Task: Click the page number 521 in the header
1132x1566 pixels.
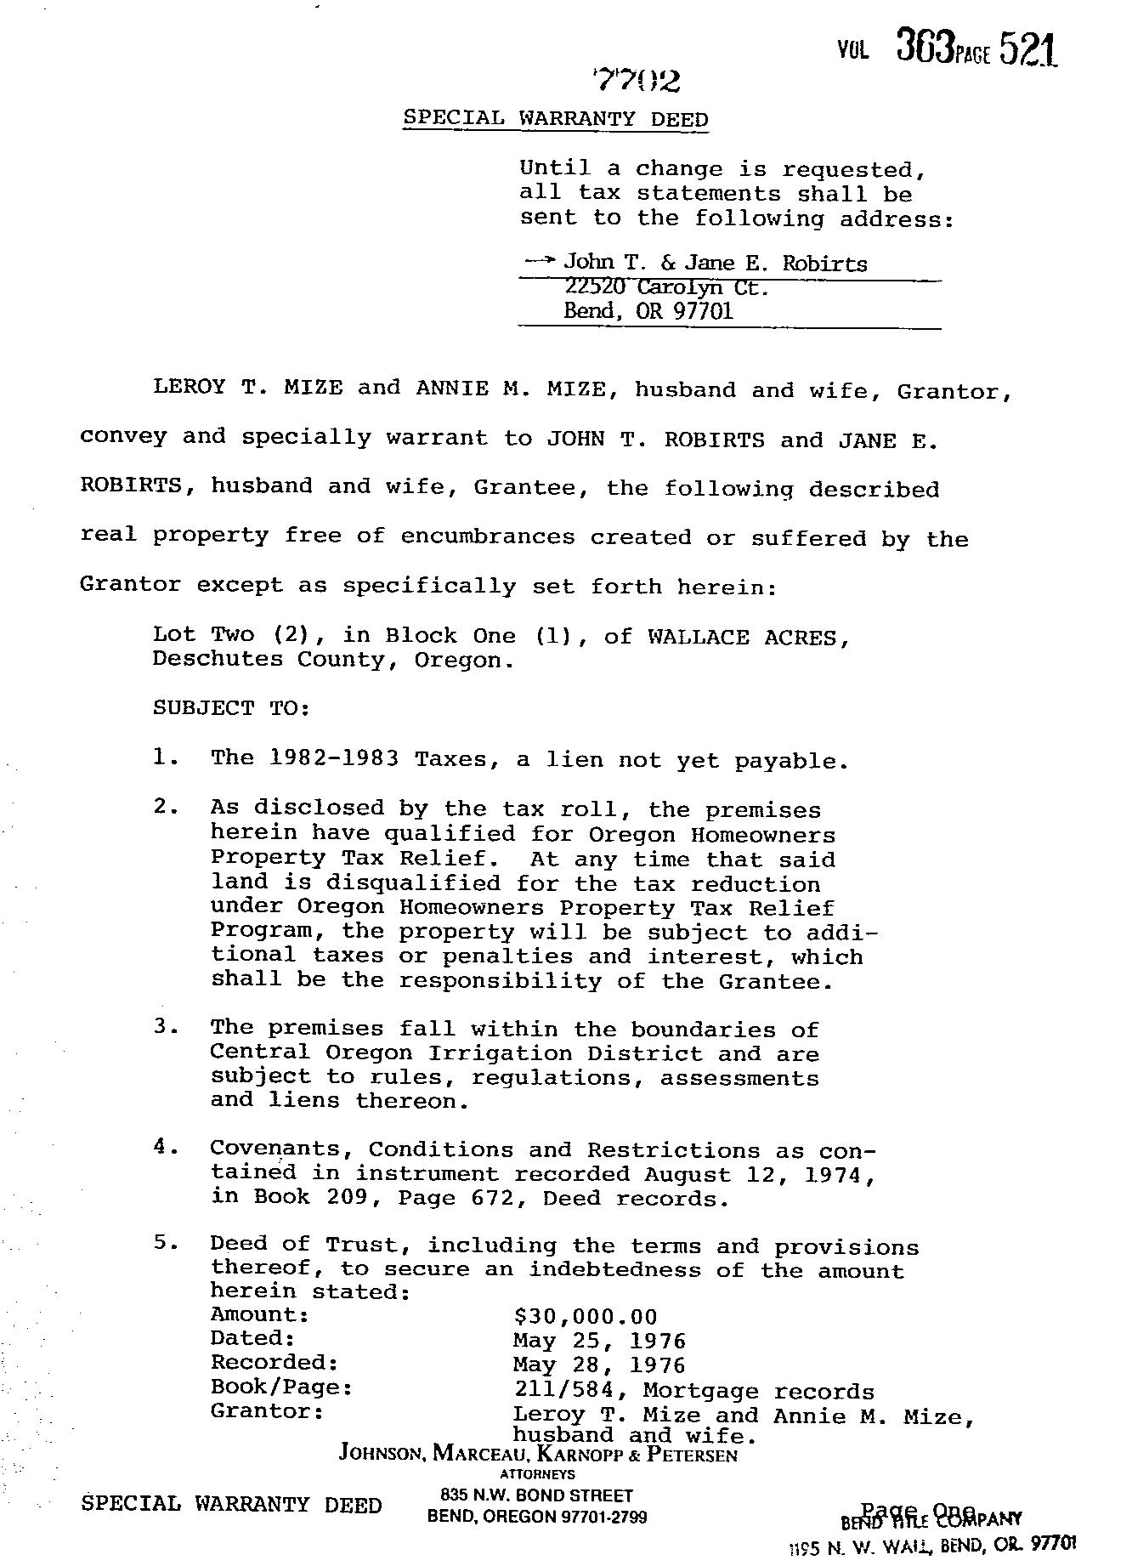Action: pos(1028,50)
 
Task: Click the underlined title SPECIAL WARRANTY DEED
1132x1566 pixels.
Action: pos(555,118)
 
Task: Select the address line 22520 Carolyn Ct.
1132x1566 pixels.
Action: pos(666,287)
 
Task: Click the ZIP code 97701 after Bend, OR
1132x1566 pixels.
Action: pos(703,311)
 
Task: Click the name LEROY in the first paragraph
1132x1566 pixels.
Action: pos(189,388)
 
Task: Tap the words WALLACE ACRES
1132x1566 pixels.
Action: pos(747,637)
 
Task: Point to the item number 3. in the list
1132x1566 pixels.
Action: pos(165,1026)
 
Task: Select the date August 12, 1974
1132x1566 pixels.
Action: pos(759,1175)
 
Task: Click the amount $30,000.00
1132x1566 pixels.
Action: pos(586,1317)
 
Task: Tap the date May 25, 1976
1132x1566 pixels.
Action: pos(599,1341)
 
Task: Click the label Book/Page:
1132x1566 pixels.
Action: pos(281,1387)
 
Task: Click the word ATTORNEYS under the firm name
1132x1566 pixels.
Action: pos(537,1475)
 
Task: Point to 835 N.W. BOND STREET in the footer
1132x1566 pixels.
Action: pos(536,1495)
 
